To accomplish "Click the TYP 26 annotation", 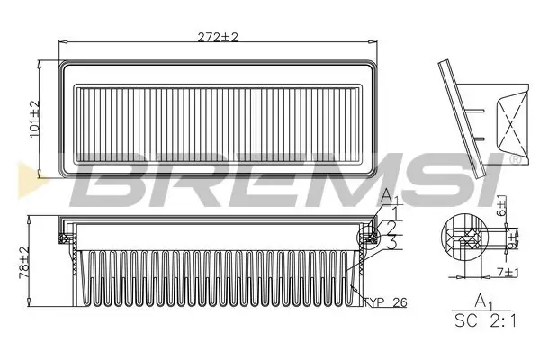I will coord(387,302).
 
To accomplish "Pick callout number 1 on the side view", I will coord(393,211).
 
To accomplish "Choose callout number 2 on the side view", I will coord(393,228).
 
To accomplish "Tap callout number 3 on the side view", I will coord(393,244).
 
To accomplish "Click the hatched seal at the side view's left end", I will coord(66,237).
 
